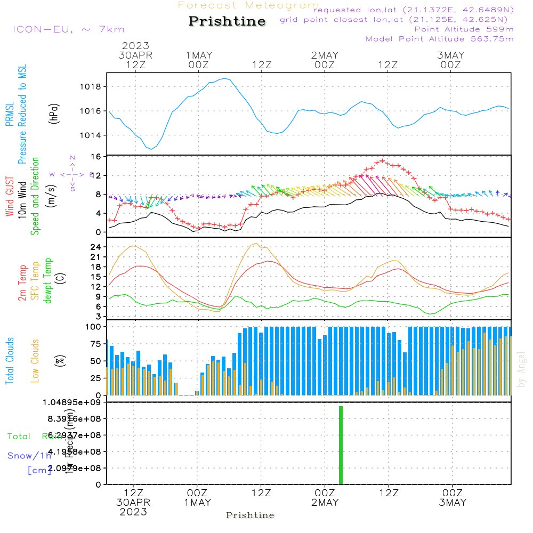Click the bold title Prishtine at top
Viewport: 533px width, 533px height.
227,21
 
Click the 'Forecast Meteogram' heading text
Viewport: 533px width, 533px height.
248,5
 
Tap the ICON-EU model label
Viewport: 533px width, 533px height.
68,29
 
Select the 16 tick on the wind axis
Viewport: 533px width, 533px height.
96,157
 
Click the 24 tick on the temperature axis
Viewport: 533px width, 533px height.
96,247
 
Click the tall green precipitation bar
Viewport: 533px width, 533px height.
341,445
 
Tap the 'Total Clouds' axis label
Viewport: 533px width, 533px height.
10,361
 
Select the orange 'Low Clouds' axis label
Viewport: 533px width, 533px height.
35,361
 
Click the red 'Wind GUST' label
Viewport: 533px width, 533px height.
10,196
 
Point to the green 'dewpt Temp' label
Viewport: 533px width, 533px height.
48,281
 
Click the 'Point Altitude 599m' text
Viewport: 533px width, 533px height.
464,29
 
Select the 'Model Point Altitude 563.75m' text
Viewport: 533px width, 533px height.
440,39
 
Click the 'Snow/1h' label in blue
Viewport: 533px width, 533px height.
29,456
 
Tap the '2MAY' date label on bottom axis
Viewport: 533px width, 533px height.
325,503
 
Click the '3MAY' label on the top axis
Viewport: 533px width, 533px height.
451,55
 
